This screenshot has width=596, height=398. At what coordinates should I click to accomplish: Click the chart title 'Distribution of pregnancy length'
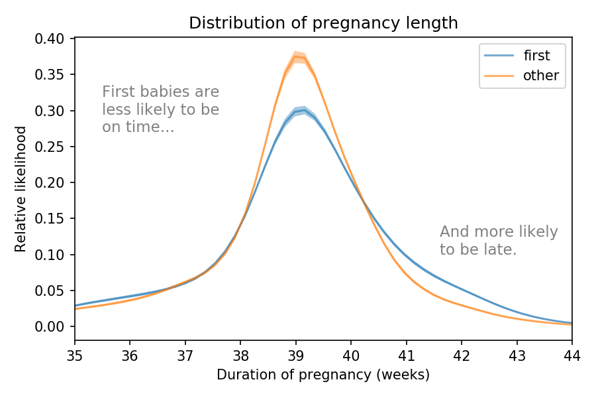tap(323, 23)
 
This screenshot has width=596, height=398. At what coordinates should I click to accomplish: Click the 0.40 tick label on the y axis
tap(50, 39)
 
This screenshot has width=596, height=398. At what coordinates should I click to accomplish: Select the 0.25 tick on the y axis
tap(50, 147)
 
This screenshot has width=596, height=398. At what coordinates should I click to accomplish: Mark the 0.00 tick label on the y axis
tap(50, 326)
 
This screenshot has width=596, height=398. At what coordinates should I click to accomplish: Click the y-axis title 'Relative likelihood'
tap(21, 189)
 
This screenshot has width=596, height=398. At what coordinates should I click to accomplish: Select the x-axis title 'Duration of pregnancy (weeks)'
tap(323, 375)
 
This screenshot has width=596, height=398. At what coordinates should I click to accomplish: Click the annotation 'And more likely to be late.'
tap(498, 241)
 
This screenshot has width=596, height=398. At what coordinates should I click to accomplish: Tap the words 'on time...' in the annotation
tap(138, 127)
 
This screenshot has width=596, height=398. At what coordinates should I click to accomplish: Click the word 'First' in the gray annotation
tap(117, 92)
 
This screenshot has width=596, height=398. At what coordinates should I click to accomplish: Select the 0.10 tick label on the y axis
tap(50, 255)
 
